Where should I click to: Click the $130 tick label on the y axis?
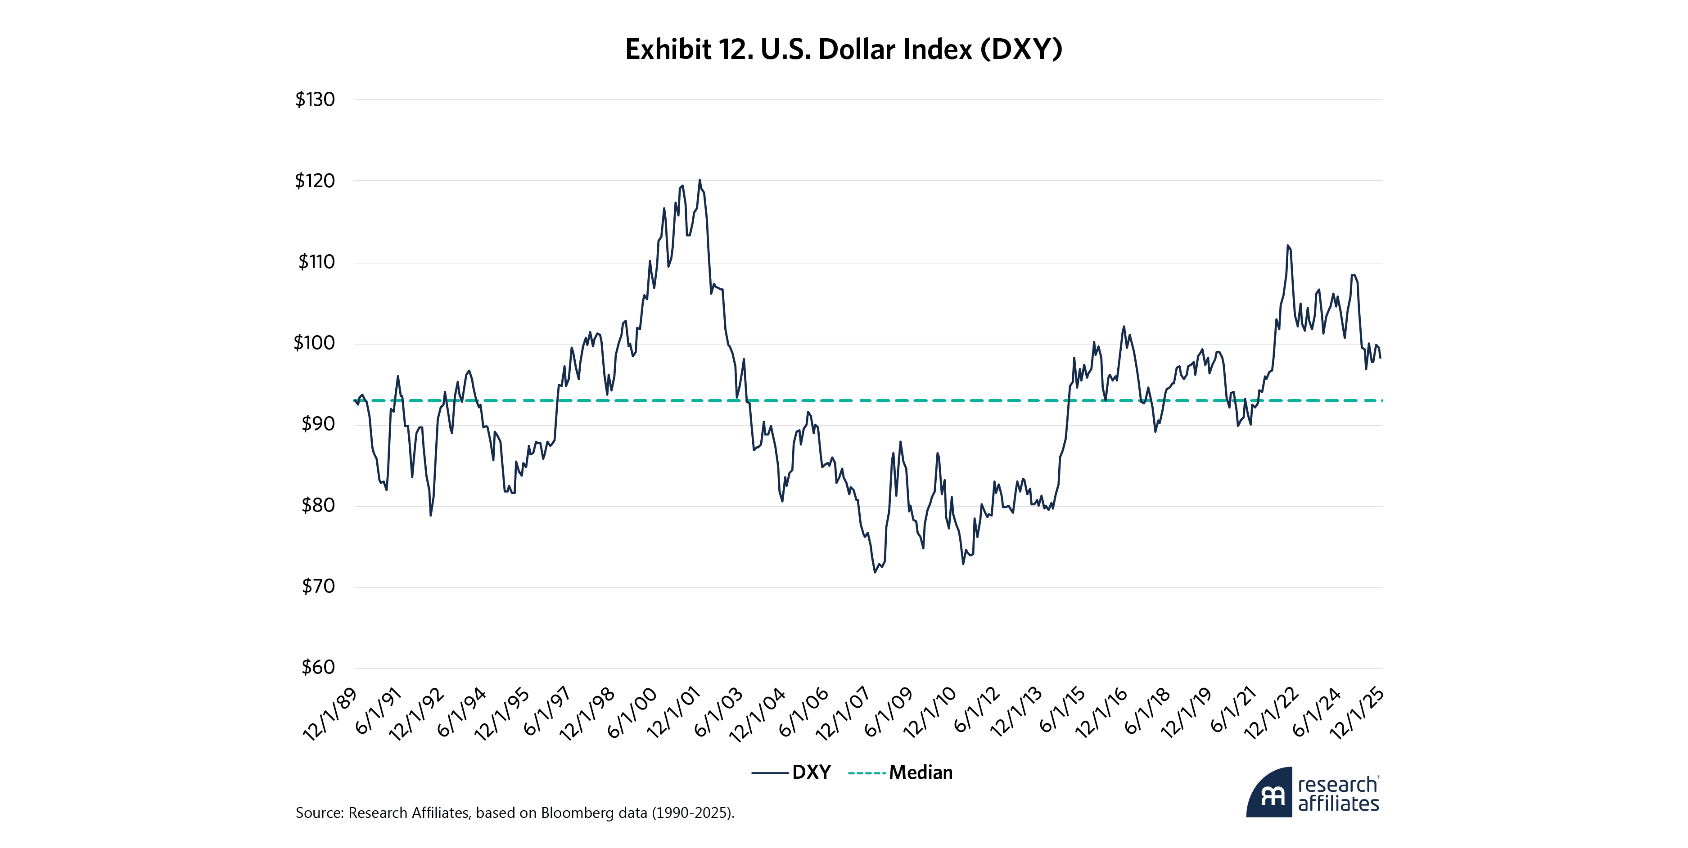click(x=315, y=99)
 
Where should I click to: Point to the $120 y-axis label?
click(x=315, y=181)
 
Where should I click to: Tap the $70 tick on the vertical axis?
click(x=318, y=586)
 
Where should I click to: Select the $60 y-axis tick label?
click(x=318, y=667)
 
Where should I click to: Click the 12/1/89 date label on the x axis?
click(x=329, y=714)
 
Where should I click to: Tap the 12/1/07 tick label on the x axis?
click(x=842, y=714)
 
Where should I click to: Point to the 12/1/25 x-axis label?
click(x=1357, y=714)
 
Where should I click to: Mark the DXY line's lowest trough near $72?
click(x=874, y=572)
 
